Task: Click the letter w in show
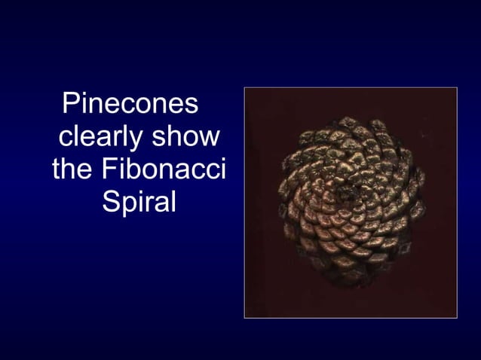(x=210, y=139)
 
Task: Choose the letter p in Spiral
(x=126, y=205)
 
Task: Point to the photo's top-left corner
(x=245, y=88)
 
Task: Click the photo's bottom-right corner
(x=457, y=317)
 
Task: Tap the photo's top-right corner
(x=457, y=88)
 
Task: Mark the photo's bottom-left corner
(x=245, y=317)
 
